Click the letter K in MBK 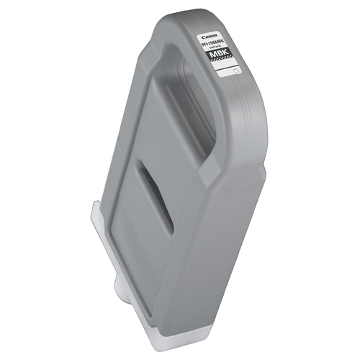[x=232, y=58]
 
